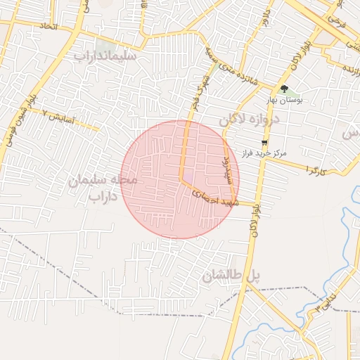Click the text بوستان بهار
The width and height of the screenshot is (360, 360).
click(x=285, y=101)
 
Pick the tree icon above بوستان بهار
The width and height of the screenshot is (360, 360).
click(x=284, y=89)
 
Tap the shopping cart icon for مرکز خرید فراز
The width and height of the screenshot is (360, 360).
click(x=264, y=141)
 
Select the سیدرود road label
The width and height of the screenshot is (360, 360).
click(x=226, y=169)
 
